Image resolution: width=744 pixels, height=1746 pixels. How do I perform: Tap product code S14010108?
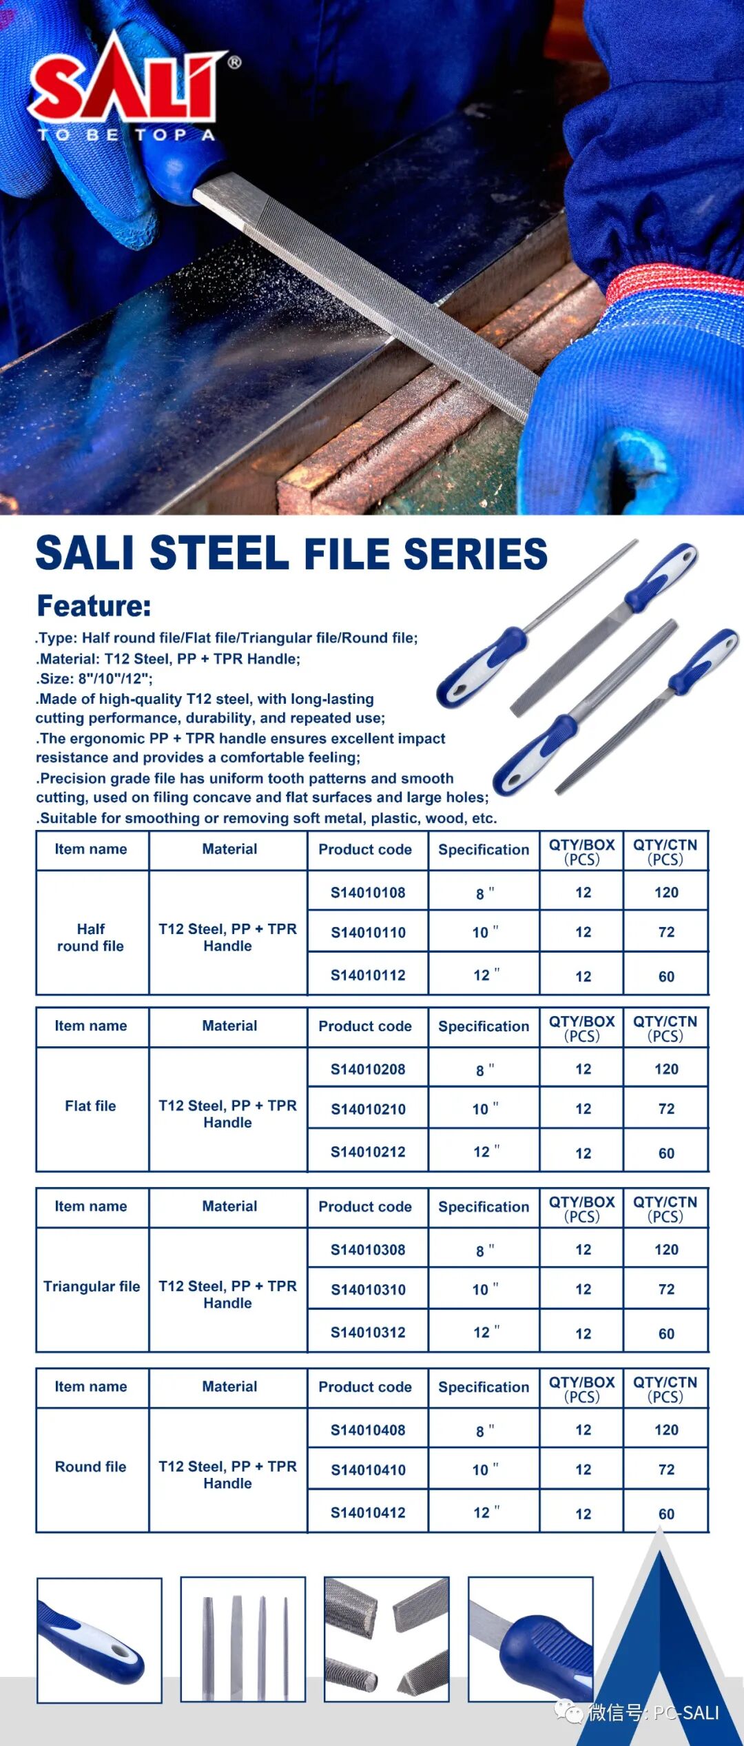[368, 893]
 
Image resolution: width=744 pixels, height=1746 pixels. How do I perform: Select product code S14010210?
[368, 1109]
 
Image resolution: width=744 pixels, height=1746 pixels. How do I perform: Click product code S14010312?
[368, 1332]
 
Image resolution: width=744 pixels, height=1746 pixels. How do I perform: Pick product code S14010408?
[368, 1430]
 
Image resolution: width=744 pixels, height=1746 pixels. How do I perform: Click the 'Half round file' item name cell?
[91, 937]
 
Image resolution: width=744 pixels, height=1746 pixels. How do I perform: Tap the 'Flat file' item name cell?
[91, 1106]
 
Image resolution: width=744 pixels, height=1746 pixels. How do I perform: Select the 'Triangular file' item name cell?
[92, 1286]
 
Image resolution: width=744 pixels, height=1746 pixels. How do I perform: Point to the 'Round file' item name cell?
[91, 1467]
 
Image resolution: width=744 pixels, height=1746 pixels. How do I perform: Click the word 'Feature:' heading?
[94, 606]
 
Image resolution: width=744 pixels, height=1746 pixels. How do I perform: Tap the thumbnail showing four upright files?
[243, 1639]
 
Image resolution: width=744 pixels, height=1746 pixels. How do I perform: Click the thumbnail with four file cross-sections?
[386, 1639]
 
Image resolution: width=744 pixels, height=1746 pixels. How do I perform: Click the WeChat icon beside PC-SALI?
[569, 1712]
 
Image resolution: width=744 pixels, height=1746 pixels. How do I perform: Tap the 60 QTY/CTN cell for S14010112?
[666, 977]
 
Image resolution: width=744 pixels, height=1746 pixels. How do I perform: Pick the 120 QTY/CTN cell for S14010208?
[666, 1069]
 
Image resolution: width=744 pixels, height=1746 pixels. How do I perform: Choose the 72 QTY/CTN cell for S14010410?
[666, 1470]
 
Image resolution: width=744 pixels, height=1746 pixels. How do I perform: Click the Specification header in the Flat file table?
[484, 1026]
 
